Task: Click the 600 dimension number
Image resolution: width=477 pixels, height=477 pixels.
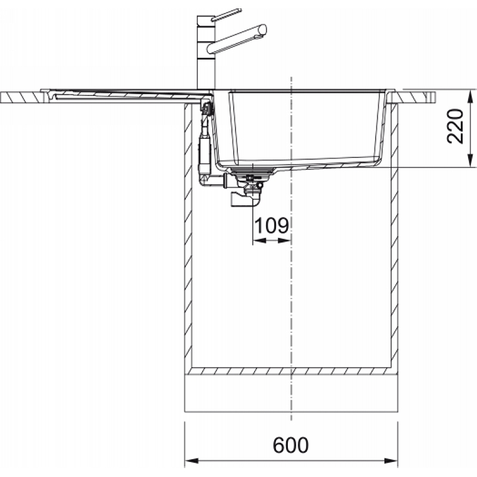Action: (x=290, y=445)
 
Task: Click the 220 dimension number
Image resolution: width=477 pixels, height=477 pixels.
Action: (x=455, y=126)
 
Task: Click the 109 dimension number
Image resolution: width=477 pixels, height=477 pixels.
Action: (x=271, y=225)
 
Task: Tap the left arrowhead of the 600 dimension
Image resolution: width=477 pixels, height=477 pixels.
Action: (x=191, y=461)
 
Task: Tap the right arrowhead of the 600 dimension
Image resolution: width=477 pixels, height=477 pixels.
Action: (x=391, y=461)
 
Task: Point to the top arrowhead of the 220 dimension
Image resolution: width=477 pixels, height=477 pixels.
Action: (x=470, y=97)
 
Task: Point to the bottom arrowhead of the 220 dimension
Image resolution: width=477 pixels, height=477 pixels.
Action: (x=470, y=160)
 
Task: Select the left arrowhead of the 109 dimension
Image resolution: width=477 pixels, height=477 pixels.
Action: (x=259, y=241)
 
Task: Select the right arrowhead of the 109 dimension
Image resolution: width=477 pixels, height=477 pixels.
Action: (x=284, y=241)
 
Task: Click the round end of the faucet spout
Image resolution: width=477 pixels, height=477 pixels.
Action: (x=263, y=30)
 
